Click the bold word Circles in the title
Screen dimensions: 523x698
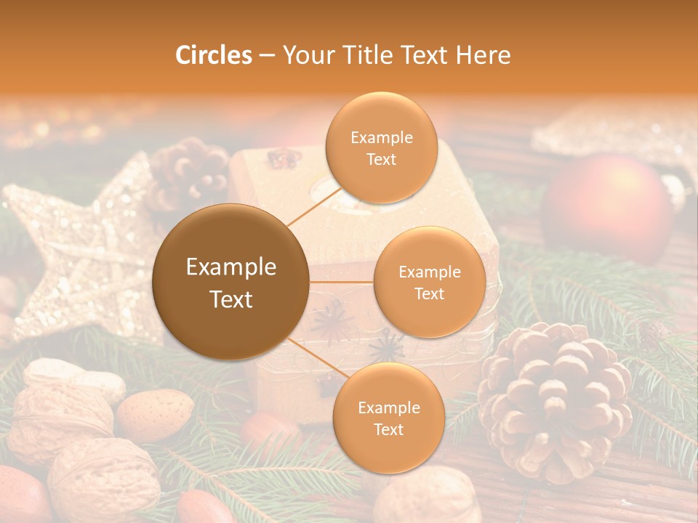(x=213, y=55)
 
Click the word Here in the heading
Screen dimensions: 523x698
(x=483, y=55)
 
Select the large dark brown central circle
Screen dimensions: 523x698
(x=230, y=282)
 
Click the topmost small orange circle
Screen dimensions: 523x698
(x=380, y=147)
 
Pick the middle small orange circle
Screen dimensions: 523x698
(x=429, y=282)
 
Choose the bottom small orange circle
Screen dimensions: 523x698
(x=388, y=418)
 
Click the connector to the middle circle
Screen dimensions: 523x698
(x=341, y=282)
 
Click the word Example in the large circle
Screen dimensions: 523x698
(x=230, y=267)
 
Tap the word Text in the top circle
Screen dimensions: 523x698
(x=381, y=159)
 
